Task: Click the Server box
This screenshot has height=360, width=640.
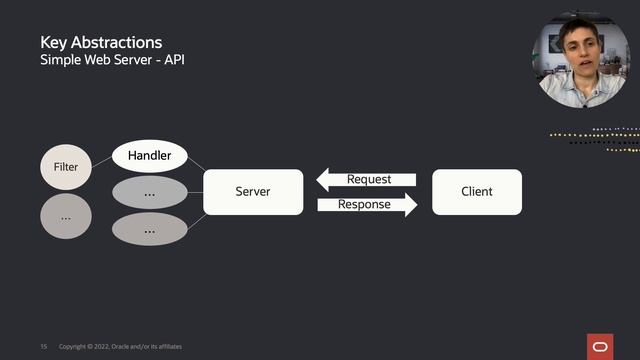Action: coord(252,191)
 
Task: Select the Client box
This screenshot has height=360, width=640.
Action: coord(476,191)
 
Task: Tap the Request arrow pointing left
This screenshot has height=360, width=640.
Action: coord(366,180)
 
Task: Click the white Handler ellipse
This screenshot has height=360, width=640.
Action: coord(149,156)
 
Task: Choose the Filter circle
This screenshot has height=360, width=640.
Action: coord(65,167)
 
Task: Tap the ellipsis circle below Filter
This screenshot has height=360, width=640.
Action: coord(65,216)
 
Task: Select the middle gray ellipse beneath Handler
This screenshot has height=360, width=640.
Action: coord(149,192)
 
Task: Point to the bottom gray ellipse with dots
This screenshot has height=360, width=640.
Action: coord(149,229)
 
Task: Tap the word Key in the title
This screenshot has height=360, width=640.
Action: coord(52,43)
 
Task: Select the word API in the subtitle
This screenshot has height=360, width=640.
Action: coord(173,61)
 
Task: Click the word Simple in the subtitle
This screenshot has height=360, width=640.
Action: coord(59,61)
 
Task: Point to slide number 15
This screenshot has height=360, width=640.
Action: coord(43,346)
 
